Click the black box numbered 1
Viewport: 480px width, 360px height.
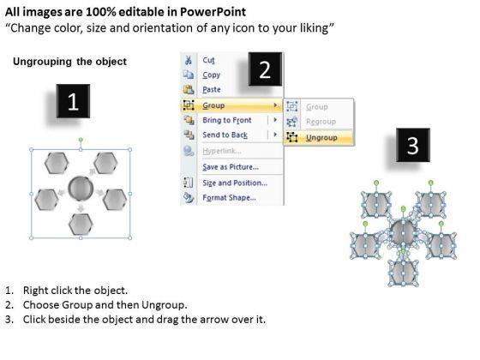coord(73,101)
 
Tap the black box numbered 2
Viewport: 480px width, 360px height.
coord(265,69)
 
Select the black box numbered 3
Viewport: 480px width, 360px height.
coord(413,145)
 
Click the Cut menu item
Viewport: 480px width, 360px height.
coord(209,60)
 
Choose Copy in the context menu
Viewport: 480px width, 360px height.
coord(211,75)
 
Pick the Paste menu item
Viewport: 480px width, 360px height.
coord(212,90)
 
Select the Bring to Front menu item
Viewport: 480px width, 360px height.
coord(227,120)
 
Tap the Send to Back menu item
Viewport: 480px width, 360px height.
coord(225,135)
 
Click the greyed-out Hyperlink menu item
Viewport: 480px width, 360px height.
coord(222,151)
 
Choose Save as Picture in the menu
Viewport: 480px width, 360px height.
coord(231,167)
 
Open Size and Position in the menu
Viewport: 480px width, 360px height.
coord(235,183)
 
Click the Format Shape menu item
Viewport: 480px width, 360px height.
coord(230,197)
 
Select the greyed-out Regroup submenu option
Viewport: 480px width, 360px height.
coord(321,122)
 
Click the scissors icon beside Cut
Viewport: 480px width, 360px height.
coord(189,60)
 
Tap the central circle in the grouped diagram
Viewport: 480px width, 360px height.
coord(81,188)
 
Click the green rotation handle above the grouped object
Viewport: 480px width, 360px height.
coord(81,140)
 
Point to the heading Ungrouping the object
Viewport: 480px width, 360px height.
coord(69,62)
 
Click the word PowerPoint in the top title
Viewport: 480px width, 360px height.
coord(213,12)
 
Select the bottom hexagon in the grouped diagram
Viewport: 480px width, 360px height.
coord(81,225)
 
